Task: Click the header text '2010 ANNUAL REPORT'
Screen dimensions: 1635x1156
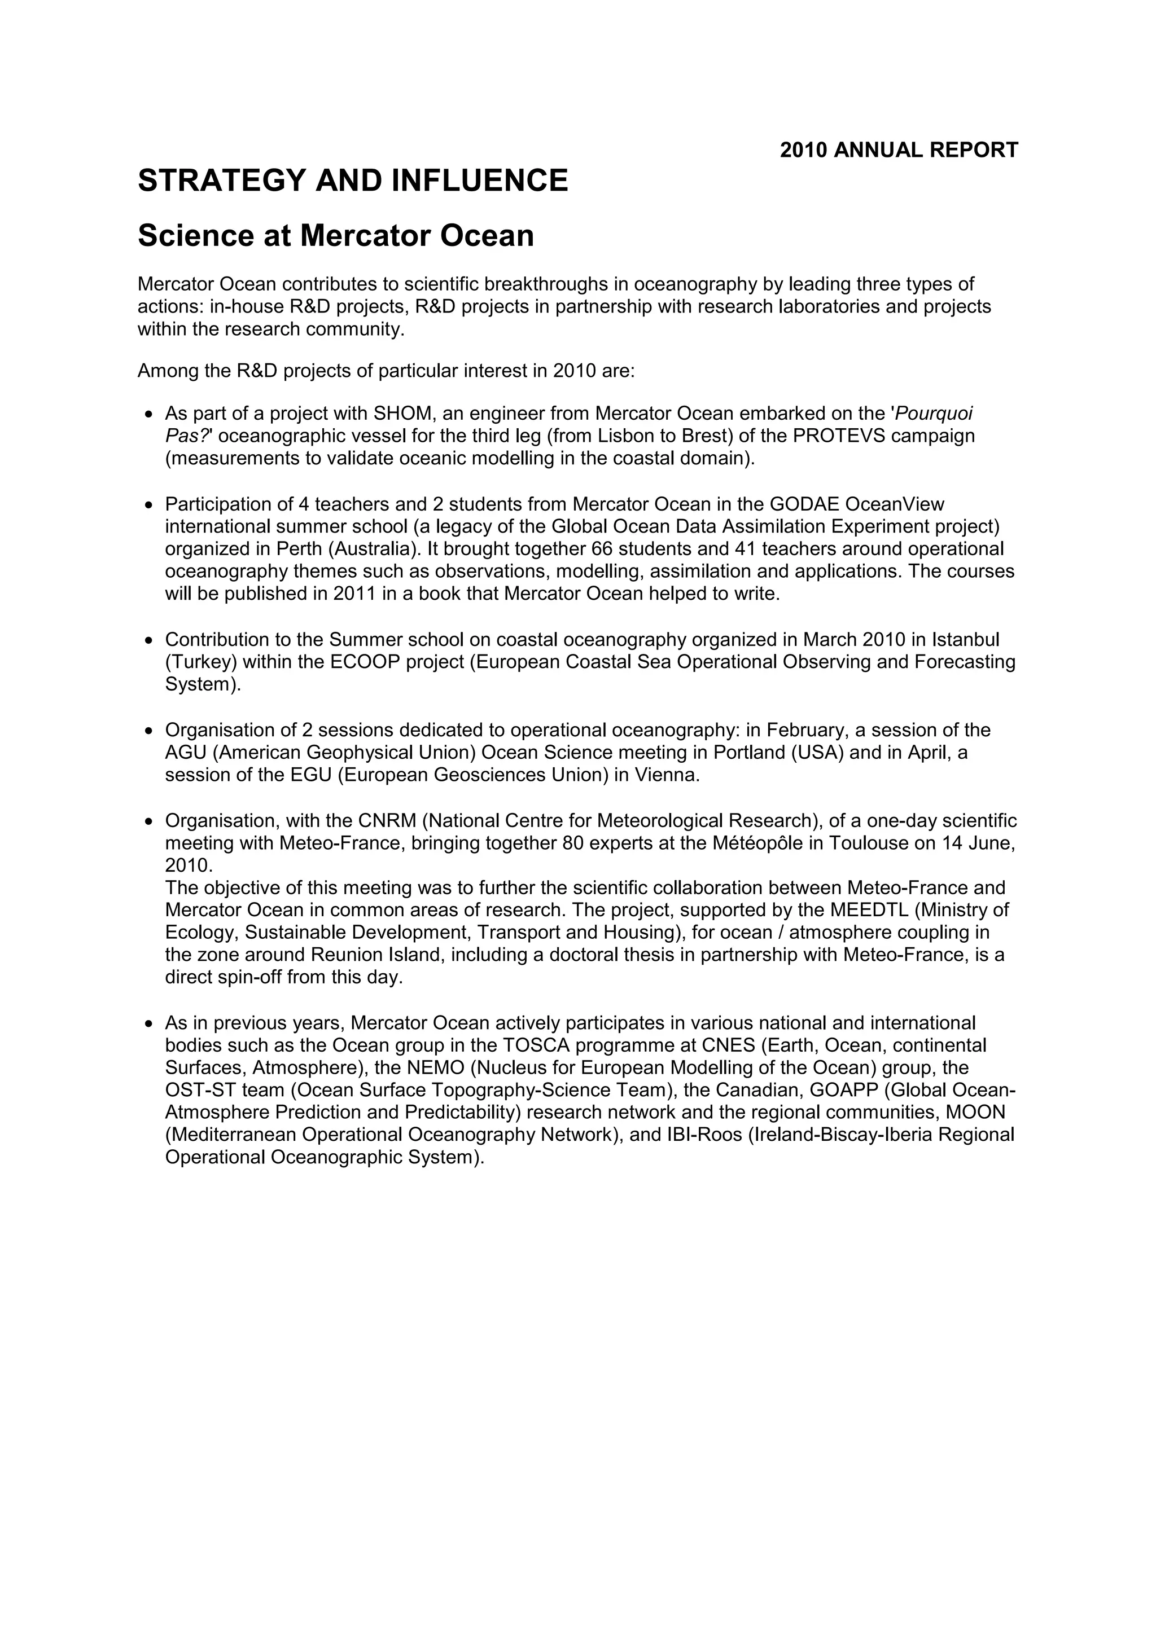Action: click(x=899, y=150)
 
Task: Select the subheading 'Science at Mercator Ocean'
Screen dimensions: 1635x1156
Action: click(x=335, y=236)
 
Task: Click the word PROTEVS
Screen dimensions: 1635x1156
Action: click(x=838, y=436)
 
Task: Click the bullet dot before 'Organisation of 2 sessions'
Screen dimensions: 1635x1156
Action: click(x=149, y=731)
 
